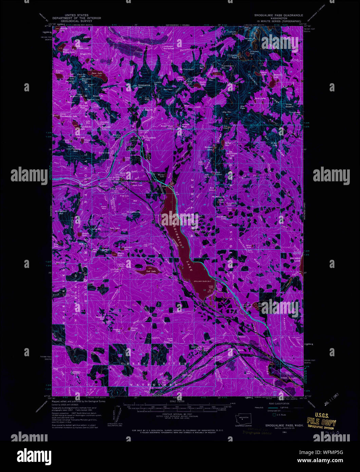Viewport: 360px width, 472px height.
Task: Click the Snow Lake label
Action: pos(97,73)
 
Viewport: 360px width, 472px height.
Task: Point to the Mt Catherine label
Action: pos(133,212)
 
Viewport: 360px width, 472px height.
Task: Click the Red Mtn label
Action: pos(168,89)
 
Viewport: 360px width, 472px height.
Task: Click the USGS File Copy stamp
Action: pos(321,423)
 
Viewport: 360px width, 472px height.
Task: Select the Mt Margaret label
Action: pos(218,197)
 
